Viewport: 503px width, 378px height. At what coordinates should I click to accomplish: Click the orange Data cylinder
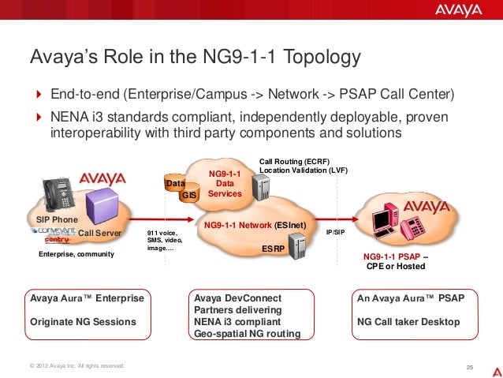point(173,183)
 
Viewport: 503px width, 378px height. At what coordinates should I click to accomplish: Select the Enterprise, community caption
point(76,255)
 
